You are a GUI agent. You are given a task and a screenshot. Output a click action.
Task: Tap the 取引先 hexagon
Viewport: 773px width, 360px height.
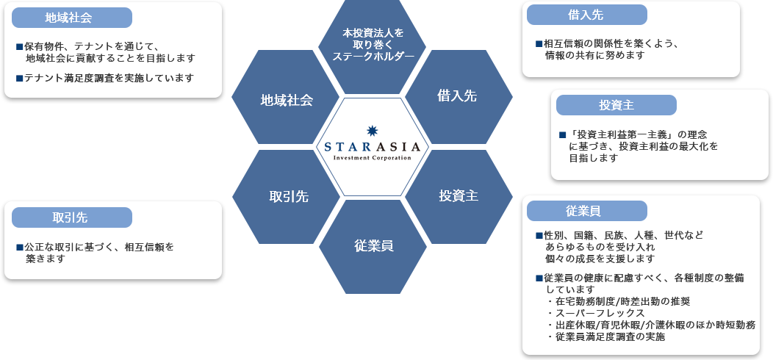click(286, 197)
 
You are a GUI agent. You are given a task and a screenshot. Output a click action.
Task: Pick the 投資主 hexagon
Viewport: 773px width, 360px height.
click(459, 197)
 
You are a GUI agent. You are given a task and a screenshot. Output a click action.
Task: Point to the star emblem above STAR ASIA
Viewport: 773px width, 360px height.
click(373, 131)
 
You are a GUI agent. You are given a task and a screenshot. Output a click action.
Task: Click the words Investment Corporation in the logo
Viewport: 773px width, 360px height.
click(373, 158)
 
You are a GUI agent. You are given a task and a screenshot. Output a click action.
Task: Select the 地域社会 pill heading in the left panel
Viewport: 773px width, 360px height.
click(72, 18)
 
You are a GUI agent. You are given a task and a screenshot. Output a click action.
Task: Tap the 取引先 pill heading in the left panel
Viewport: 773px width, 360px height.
click(72, 217)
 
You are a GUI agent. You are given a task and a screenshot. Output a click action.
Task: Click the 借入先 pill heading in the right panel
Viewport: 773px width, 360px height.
click(586, 15)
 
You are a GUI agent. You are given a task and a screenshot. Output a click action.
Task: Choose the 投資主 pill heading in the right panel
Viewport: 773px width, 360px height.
click(616, 105)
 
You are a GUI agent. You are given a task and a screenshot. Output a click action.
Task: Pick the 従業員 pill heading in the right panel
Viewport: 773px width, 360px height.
click(586, 211)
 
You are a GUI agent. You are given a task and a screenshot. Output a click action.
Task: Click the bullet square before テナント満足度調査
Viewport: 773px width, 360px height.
click(19, 78)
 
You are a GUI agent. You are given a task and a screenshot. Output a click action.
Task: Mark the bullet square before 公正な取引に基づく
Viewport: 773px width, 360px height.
click(19, 247)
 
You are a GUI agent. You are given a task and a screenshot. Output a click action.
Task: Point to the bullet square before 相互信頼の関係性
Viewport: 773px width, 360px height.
click(539, 44)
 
